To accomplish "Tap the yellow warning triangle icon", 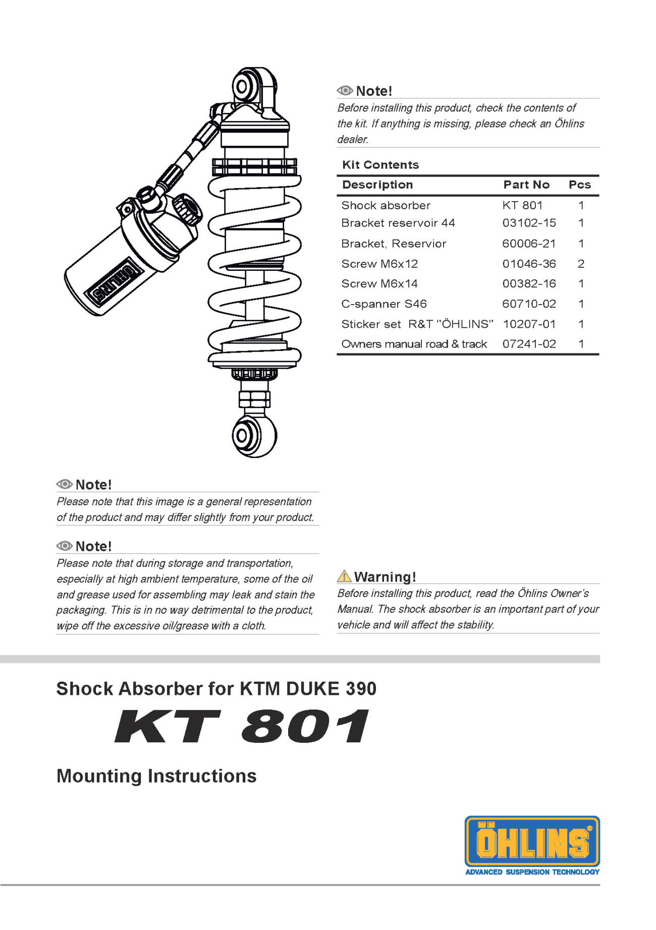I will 344,576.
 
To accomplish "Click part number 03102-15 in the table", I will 529,223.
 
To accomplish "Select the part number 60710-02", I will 529,304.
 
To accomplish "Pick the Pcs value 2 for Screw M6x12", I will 581,264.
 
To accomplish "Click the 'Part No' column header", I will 526,185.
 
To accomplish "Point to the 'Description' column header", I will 377,185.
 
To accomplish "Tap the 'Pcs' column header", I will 579,185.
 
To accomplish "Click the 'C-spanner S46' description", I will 384,304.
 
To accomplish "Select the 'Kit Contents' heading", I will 380,165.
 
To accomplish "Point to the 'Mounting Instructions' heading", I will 156,776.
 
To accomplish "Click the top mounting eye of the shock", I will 243,86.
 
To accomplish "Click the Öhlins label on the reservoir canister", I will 112,282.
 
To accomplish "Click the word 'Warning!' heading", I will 385,576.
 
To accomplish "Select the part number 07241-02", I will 529,344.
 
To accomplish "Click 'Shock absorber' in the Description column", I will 386,205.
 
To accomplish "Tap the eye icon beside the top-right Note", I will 345,91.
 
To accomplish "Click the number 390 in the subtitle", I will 361,688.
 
